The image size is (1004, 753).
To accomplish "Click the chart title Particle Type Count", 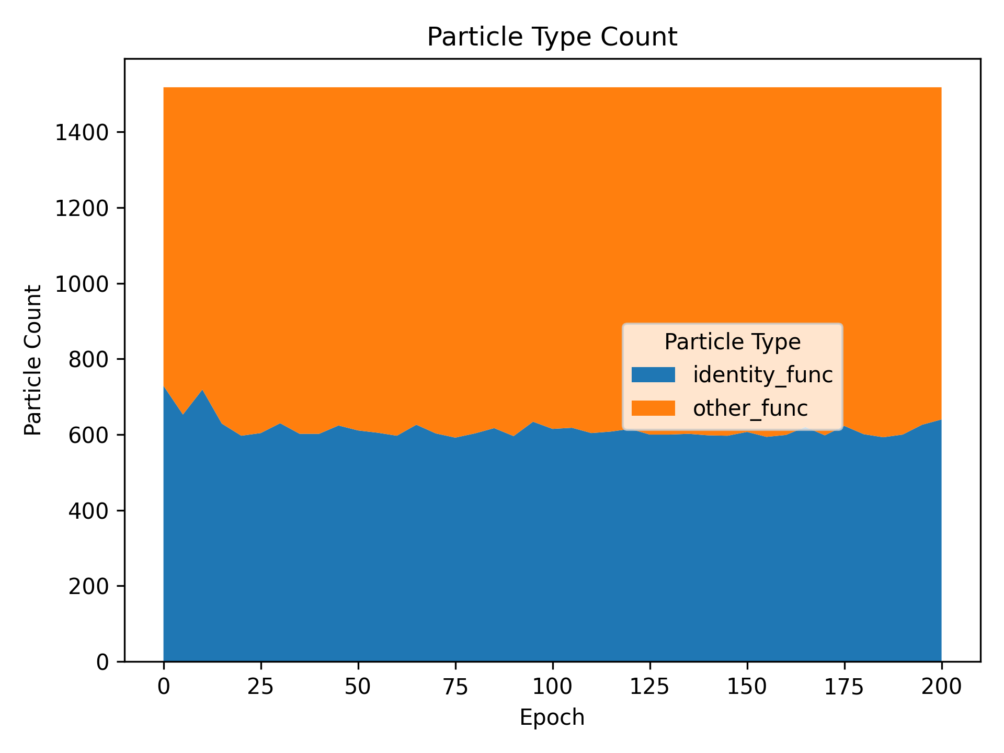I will (552, 38).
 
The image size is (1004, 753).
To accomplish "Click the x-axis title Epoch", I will (552, 717).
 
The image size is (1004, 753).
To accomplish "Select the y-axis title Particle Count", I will (33, 360).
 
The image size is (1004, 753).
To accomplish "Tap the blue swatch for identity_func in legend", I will (653, 374).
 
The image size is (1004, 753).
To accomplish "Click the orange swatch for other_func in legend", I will (653, 408).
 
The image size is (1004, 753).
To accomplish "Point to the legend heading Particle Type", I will (732, 342).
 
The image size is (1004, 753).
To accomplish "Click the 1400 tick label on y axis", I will (82, 133).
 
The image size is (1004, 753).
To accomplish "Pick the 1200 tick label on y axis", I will (82, 209).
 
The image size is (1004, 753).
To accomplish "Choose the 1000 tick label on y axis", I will (82, 284).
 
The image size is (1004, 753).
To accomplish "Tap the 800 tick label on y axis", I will (88, 360).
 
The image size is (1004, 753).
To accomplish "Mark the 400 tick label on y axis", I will (88, 511).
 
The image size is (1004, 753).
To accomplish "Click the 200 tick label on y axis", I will (88, 586).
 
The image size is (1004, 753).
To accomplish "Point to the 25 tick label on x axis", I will (261, 687).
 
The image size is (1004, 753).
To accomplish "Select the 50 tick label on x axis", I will (358, 687).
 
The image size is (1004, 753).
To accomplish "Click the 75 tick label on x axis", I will (455, 687).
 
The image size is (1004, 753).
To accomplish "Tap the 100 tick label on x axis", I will (552, 687).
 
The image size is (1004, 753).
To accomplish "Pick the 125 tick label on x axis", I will (649, 687).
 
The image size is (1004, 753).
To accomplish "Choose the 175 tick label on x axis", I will (844, 687).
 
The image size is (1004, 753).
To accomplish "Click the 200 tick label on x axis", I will (941, 687).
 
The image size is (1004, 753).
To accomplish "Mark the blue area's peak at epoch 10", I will (202, 390).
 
